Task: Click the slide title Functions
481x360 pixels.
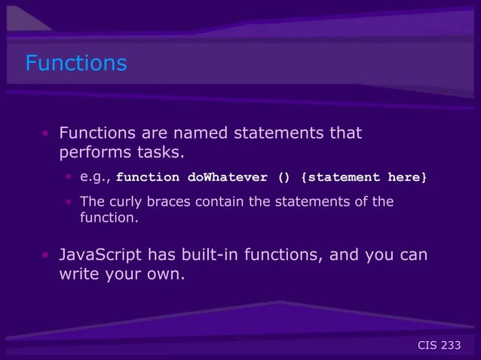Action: pyautogui.click(x=76, y=63)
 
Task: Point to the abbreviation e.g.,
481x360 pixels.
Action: pyautogui.click(x=96, y=178)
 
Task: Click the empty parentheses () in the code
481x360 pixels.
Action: pyautogui.click(x=283, y=178)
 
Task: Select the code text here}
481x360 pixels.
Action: pyautogui.click(x=407, y=178)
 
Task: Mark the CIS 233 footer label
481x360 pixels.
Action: pyautogui.click(x=439, y=345)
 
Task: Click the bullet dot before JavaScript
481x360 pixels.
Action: pyautogui.click(x=46, y=256)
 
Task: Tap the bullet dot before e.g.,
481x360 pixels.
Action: pyautogui.click(x=68, y=178)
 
